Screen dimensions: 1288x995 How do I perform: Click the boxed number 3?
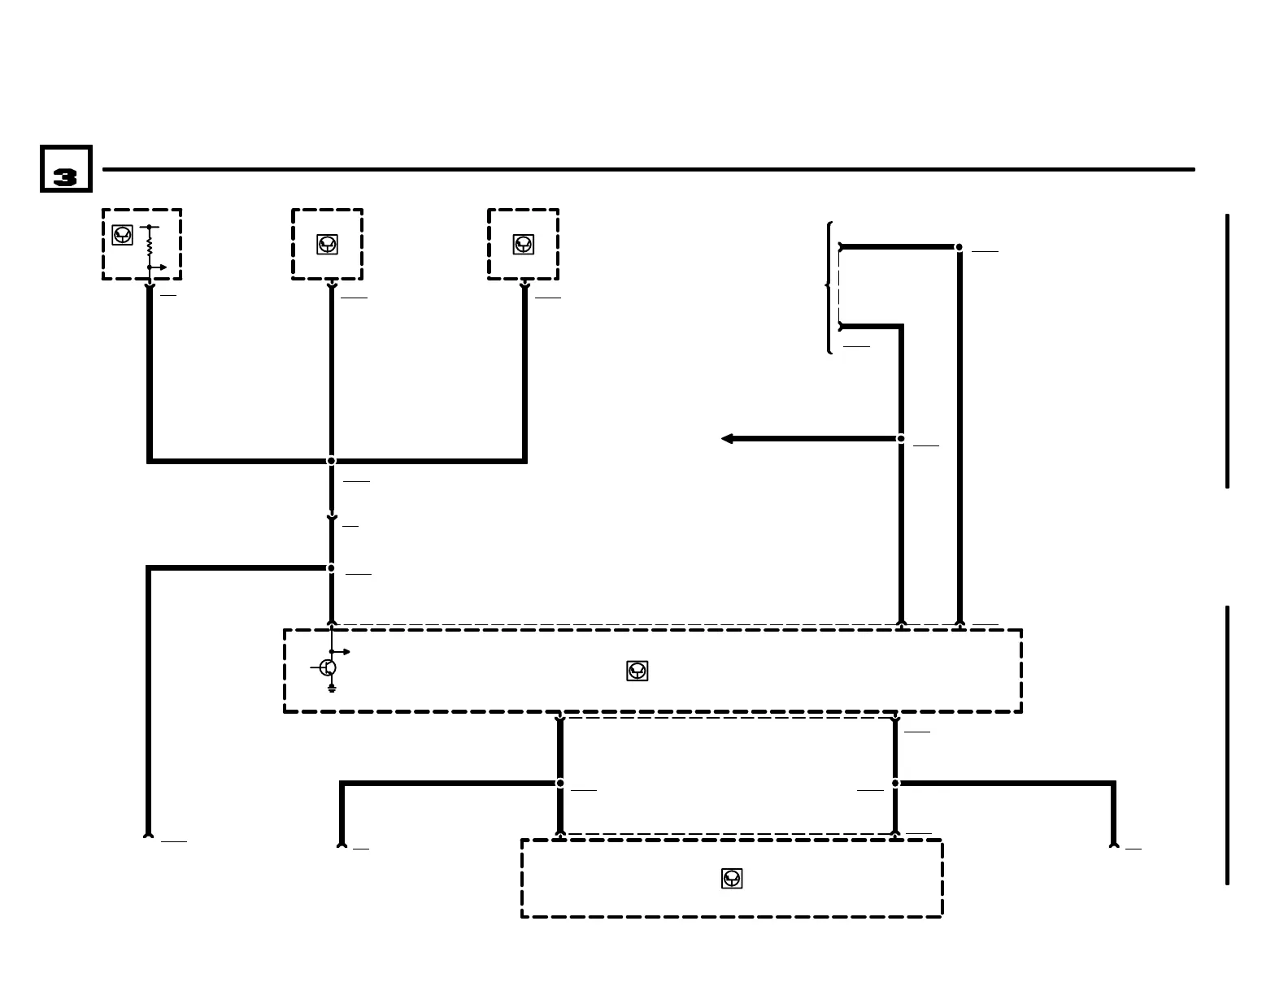pyautogui.click(x=66, y=169)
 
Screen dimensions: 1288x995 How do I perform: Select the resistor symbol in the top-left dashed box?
pyautogui.click(x=150, y=245)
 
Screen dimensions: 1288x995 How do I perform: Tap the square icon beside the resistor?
pyautogui.click(x=122, y=235)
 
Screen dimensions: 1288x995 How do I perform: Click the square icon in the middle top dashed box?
pyautogui.click(x=327, y=244)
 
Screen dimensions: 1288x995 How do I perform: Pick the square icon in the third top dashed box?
pyautogui.click(x=523, y=244)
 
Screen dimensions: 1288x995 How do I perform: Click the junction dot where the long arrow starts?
pyautogui.click(x=901, y=439)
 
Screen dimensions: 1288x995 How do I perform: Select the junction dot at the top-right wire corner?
pyautogui.click(x=959, y=247)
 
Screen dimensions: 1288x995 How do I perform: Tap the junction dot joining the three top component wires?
pyautogui.click(x=331, y=461)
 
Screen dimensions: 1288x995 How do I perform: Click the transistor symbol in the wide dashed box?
pyautogui.click(x=328, y=667)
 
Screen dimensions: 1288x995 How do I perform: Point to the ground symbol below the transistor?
pyautogui.click(x=332, y=689)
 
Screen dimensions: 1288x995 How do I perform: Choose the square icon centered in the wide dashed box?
pyautogui.click(x=637, y=671)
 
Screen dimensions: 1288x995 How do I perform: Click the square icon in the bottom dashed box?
pyautogui.click(x=732, y=878)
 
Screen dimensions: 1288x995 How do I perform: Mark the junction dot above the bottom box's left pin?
pyautogui.click(x=560, y=784)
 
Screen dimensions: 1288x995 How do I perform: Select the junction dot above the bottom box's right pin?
pyautogui.click(x=895, y=784)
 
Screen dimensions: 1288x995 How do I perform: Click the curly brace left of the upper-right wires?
pyautogui.click(x=829, y=287)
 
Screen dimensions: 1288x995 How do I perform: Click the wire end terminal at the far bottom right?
pyautogui.click(x=1114, y=845)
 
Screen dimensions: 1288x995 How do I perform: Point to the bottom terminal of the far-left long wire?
pyautogui.click(x=148, y=834)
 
